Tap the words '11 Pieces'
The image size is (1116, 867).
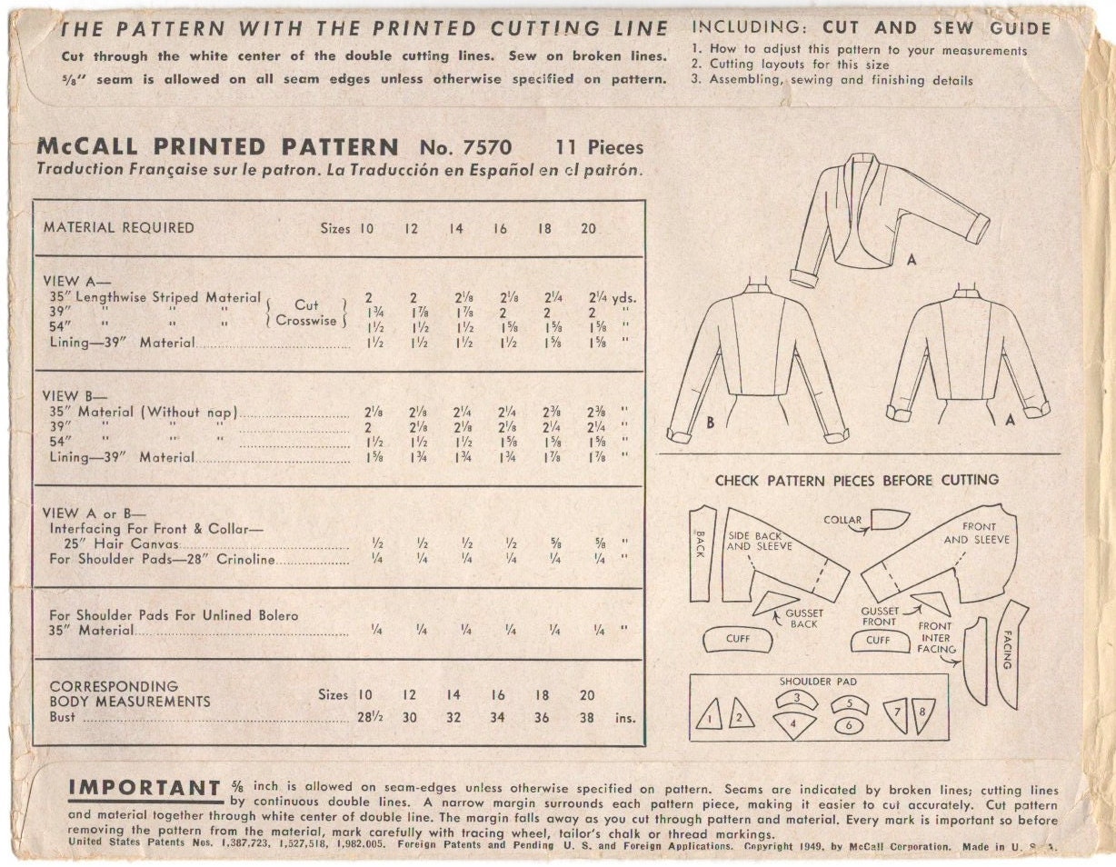coord(599,148)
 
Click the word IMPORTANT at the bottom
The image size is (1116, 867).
coord(144,787)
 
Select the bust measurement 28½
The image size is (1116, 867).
coord(370,717)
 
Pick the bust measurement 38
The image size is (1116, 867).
coord(586,717)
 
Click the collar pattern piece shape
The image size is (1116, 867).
coord(891,519)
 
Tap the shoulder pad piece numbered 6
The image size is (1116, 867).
coord(849,725)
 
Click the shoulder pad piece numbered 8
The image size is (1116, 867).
coord(923,715)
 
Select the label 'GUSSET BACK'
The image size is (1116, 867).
coord(804,619)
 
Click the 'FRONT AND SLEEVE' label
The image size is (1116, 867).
coord(977,533)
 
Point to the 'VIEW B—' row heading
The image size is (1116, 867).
coord(75,395)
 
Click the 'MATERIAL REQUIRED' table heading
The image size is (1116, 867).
coord(119,227)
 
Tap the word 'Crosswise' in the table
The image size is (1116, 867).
coord(306,320)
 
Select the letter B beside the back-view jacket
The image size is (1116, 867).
coord(711,423)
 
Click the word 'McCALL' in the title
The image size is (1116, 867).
coord(88,147)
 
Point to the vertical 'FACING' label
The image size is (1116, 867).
coord(1007,650)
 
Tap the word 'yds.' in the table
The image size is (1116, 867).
coord(624,298)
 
